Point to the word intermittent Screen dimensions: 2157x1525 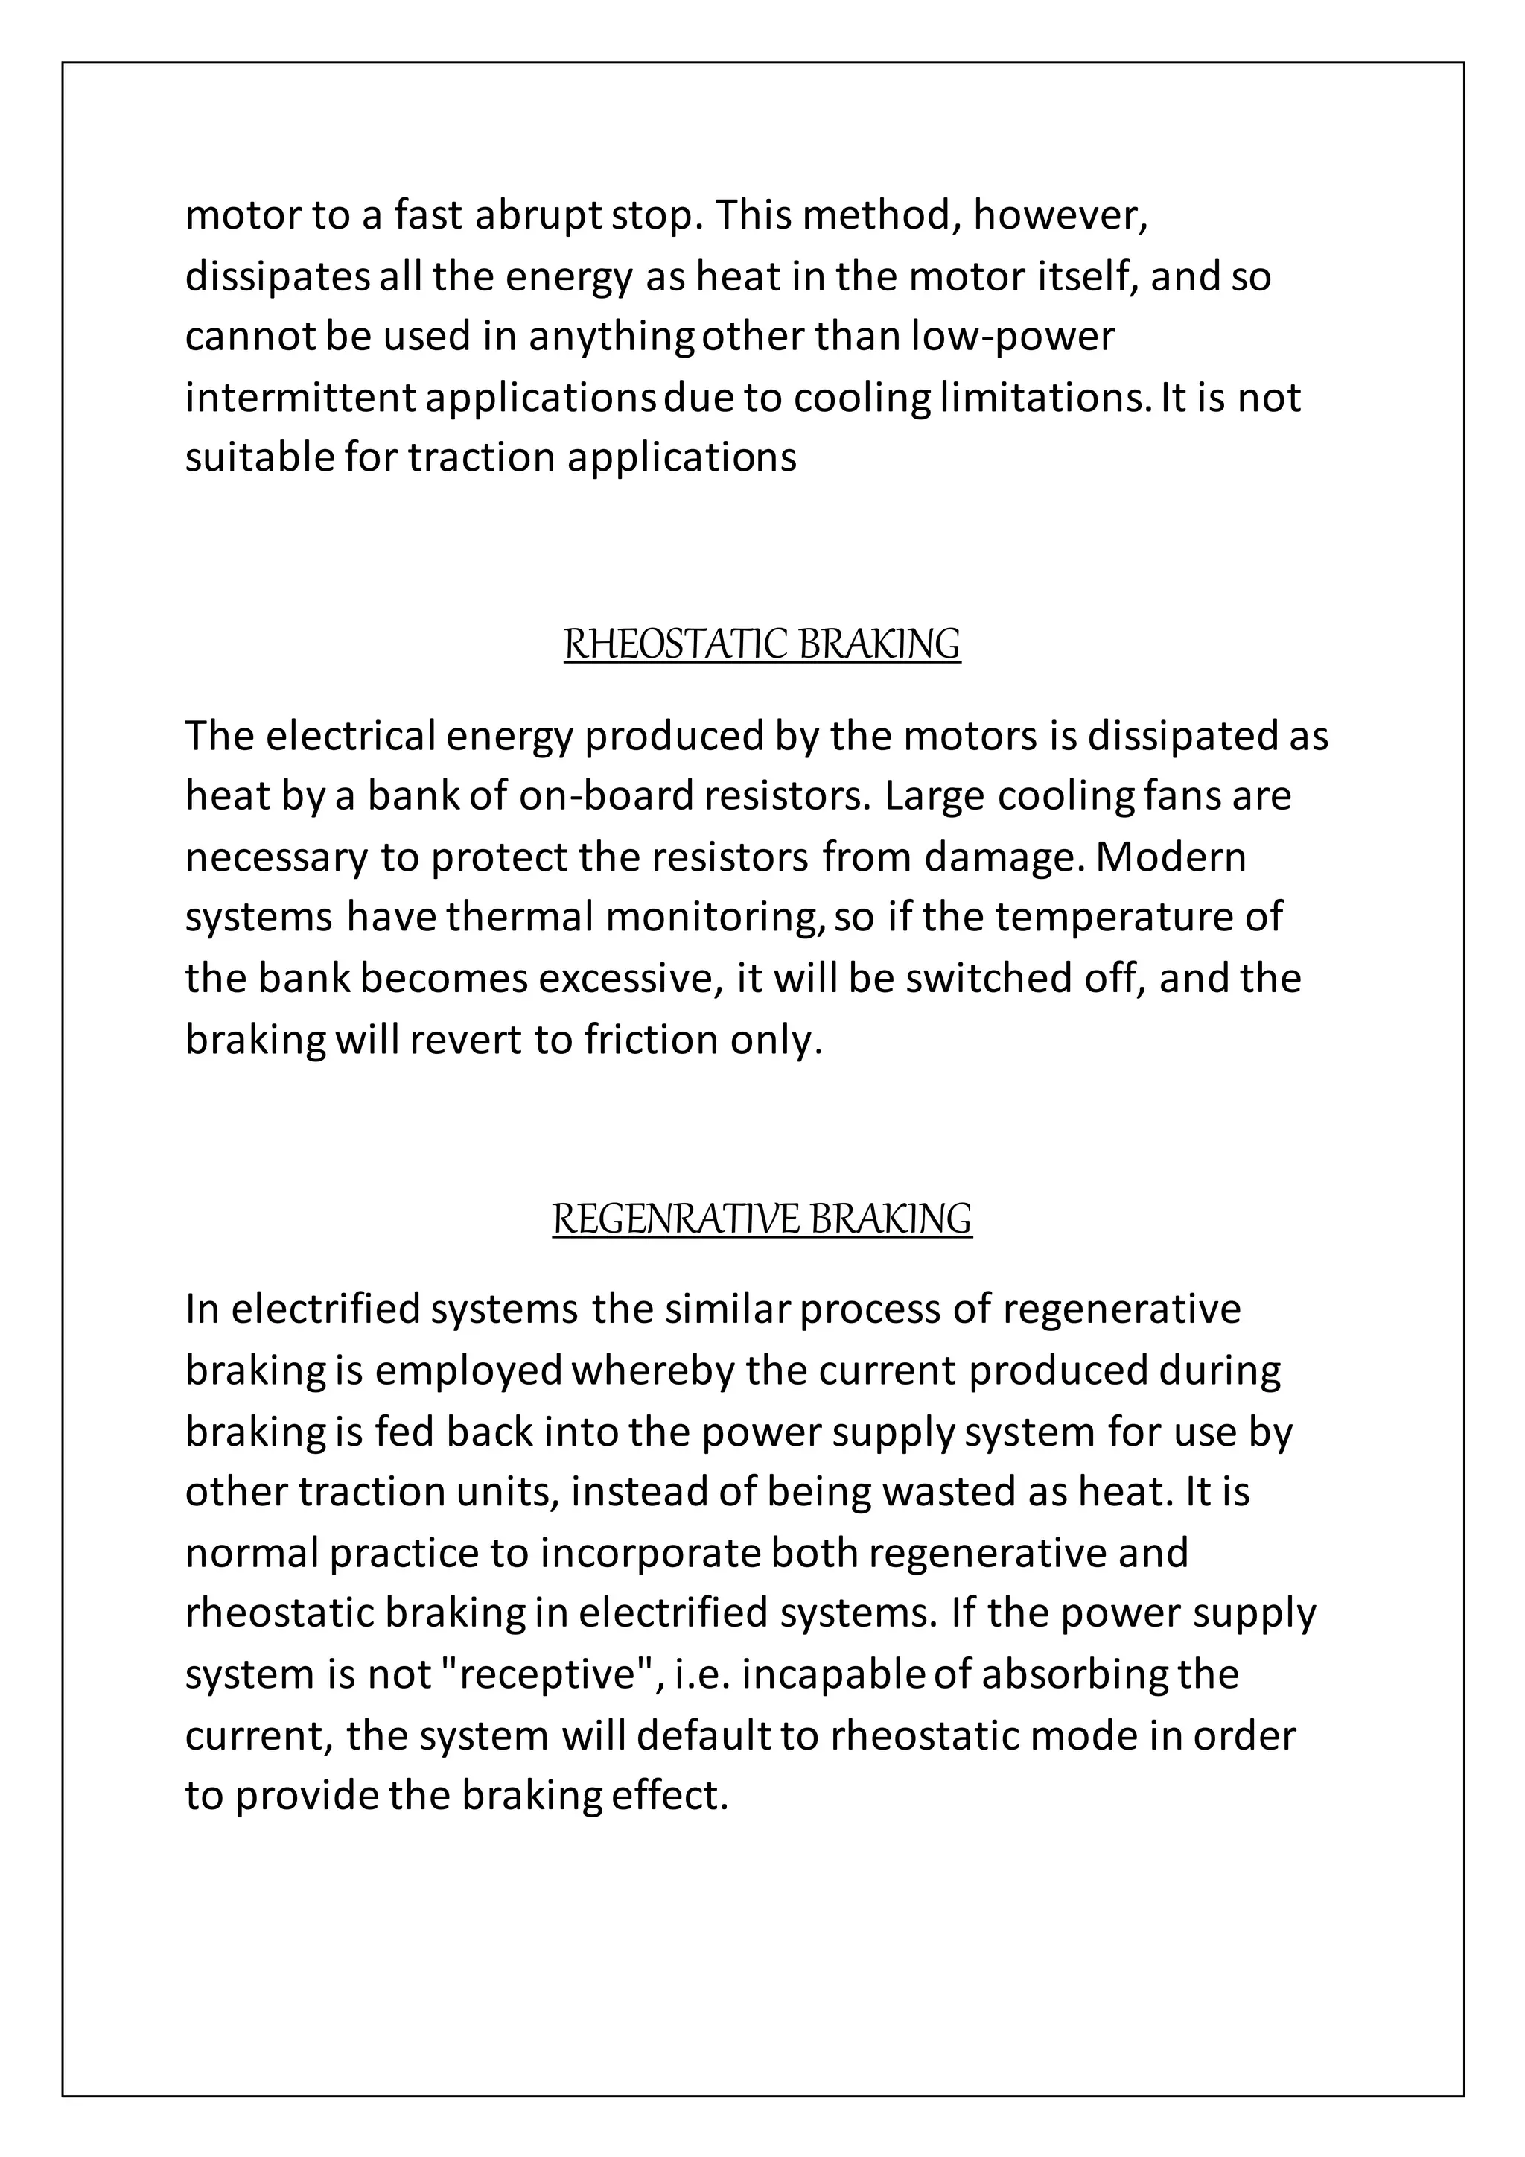pos(299,398)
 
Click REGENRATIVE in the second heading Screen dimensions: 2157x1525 pos(674,1219)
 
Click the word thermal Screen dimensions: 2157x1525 pos(519,918)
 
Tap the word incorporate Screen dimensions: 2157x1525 pos(651,1553)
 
